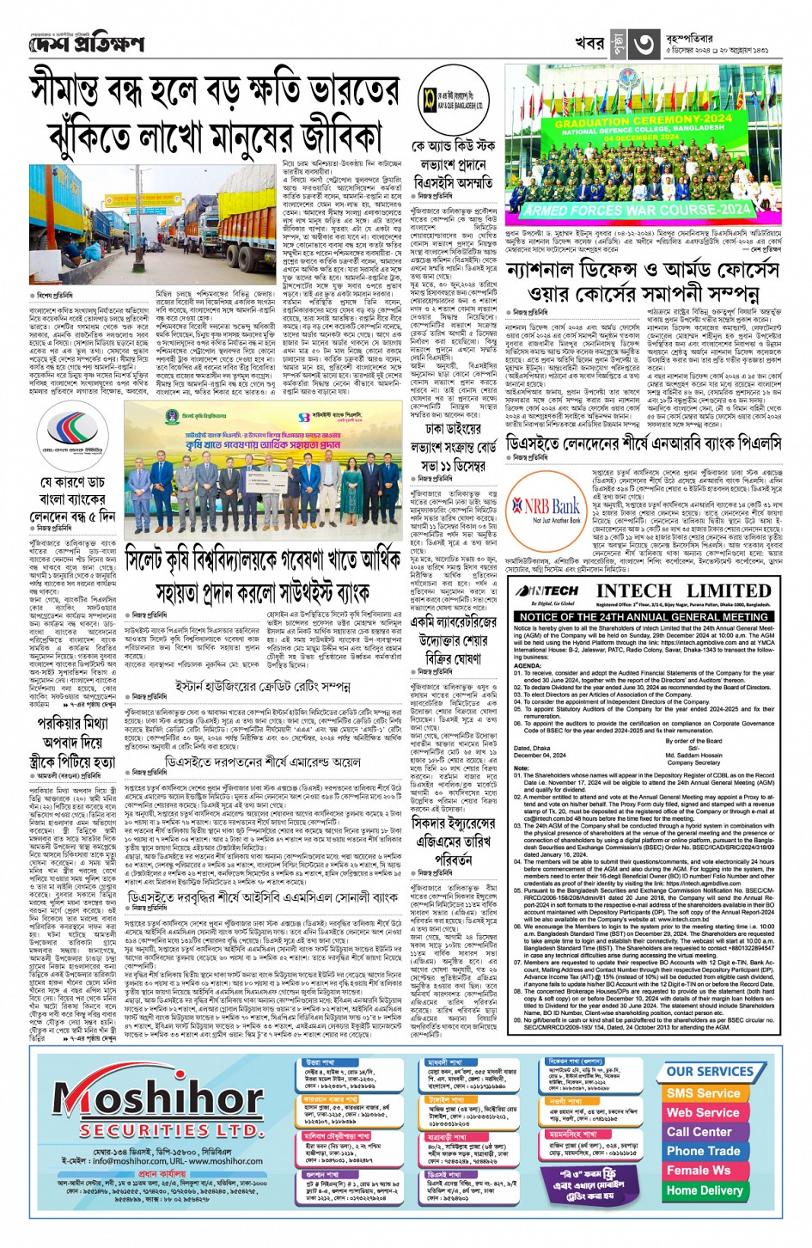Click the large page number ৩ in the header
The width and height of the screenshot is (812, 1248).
pos(644,43)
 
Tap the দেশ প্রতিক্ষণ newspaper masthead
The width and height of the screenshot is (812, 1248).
pos(87,43)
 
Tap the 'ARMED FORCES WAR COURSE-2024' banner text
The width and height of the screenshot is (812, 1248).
pos(637,209)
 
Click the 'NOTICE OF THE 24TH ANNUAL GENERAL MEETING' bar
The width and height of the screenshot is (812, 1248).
pos(644,616)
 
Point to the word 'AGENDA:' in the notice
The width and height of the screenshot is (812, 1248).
pos(528,666)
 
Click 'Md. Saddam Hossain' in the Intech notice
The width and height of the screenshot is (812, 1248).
pos(693,756)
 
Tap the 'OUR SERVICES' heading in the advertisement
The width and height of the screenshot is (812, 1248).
pos(709,1071)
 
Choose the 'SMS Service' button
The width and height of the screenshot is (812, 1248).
pos(703,1093)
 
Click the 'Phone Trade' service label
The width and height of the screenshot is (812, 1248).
pos(703,1151)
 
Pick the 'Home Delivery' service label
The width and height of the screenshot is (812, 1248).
pos(704,1190)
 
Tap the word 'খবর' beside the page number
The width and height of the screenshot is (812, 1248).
pos(590,43)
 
